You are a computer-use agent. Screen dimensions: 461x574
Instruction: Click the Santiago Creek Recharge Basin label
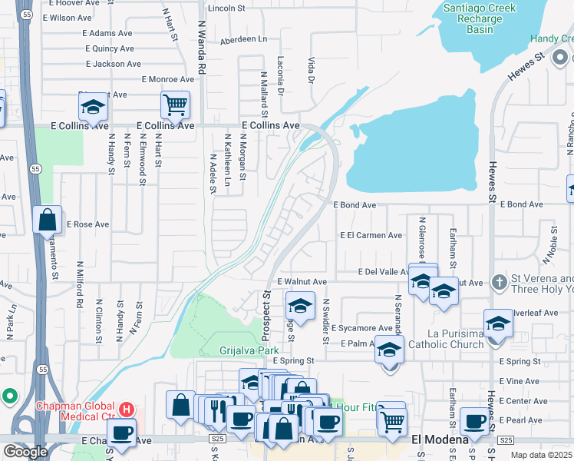tap(481, 19)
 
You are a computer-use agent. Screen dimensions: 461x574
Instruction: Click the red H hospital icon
tap(128, 407)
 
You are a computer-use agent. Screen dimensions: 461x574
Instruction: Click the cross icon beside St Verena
tap(499, 283)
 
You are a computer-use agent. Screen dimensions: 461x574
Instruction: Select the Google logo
tap(25, 452)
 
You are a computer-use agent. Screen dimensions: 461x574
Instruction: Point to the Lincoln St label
tap(225, 8)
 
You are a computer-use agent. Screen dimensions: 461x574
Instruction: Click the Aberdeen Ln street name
tap(242, 40)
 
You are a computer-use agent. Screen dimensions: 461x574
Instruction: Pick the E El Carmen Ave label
tap(371, 235)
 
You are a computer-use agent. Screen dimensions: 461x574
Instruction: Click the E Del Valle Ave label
tap(384, 271)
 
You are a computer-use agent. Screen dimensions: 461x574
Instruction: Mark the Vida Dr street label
tap(312, 70)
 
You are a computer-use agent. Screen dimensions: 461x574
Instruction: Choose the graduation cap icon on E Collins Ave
tap(93, 108)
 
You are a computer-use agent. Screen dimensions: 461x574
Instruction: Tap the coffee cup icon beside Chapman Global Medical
tap(121, 433)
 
